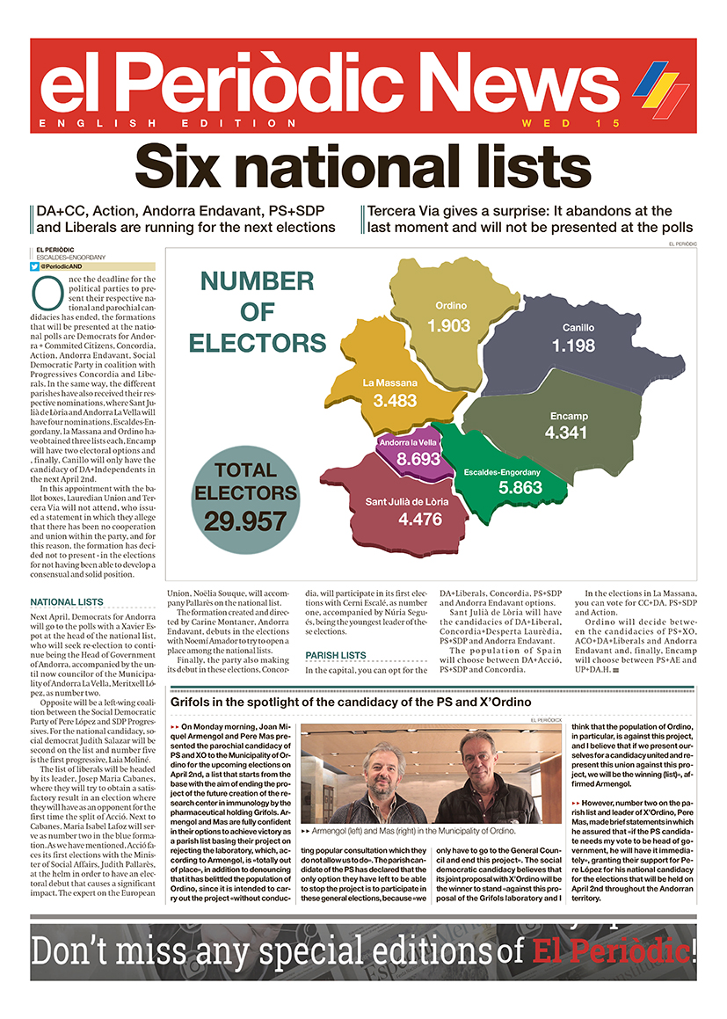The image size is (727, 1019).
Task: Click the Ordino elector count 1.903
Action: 449,326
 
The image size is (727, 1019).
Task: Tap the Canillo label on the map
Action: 578,328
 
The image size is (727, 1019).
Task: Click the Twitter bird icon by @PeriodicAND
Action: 34,266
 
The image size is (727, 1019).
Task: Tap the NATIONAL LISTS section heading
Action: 67,602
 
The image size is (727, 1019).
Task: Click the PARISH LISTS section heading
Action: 336,655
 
